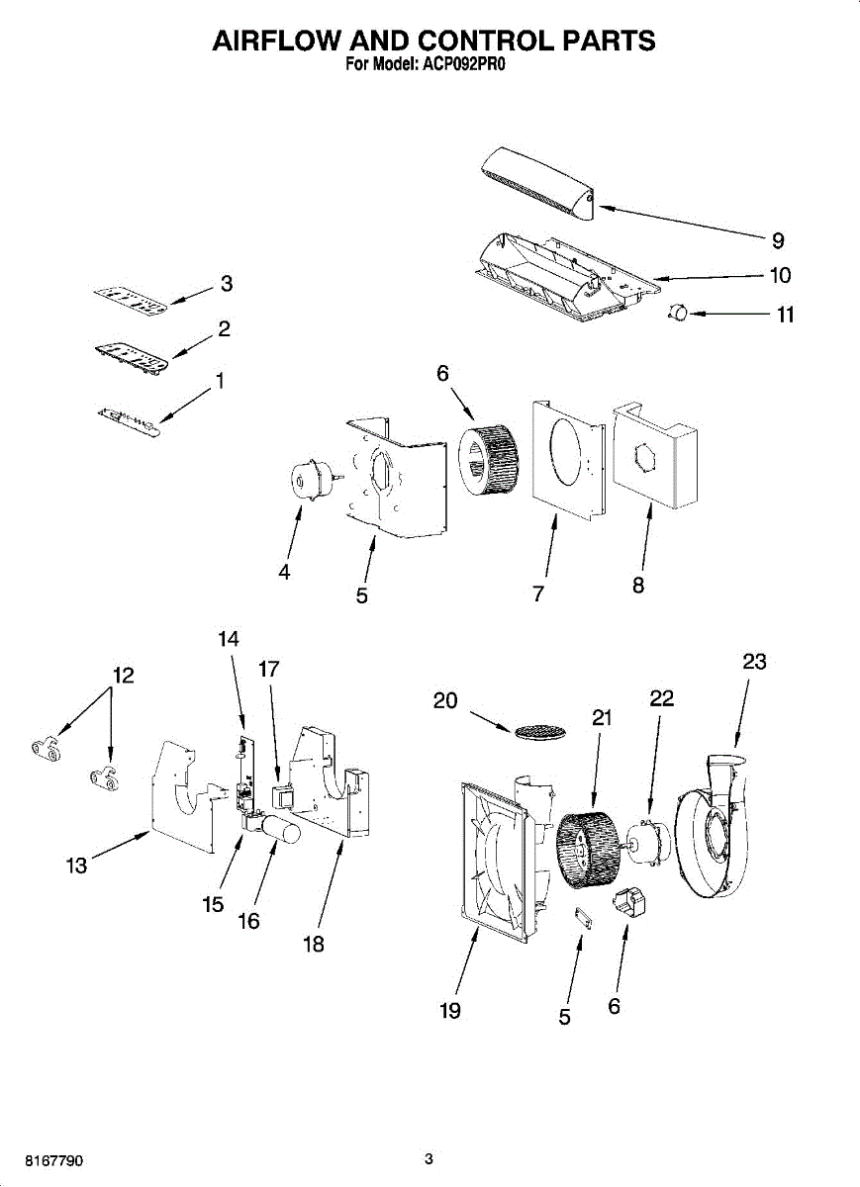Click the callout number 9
click(778, 239)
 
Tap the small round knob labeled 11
click(676, 313)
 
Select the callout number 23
click(754, 662)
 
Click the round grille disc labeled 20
click(539, 731)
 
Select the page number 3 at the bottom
click(429, 1158)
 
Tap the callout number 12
click(123, 676)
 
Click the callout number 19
click(450, 1010)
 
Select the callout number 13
click(76, 867)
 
